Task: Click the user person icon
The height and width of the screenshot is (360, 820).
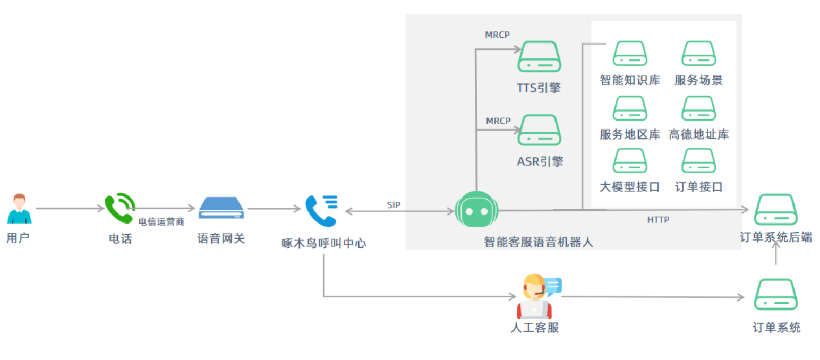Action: click(19, 209)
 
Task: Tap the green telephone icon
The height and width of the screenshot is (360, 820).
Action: click(119, 208)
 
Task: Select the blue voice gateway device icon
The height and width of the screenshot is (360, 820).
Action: click(221, 208)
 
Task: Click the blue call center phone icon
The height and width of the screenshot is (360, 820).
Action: click(321, 210)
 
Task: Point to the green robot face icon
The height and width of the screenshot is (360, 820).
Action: click(476, 210)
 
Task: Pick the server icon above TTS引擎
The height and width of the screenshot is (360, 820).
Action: click(539, 57)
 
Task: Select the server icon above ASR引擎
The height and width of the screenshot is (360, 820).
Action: click(539, 130)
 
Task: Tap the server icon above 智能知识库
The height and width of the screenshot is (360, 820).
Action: click(630, 54)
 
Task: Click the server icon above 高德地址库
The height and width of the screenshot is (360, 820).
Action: click(698, 108)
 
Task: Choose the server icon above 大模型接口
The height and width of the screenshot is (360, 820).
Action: click(630, 161)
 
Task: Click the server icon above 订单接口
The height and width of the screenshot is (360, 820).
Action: click(698, 161)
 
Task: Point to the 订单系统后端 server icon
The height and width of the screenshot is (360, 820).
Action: click(775, 210)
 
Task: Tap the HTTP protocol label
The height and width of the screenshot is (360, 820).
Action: click(658, 219)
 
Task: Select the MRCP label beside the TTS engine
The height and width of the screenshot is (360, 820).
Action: click(497, 35)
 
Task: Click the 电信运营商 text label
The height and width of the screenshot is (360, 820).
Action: click(161, 222)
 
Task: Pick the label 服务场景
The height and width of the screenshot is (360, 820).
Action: click(698, 81)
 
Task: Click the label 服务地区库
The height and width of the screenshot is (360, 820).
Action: click(630, 134)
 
